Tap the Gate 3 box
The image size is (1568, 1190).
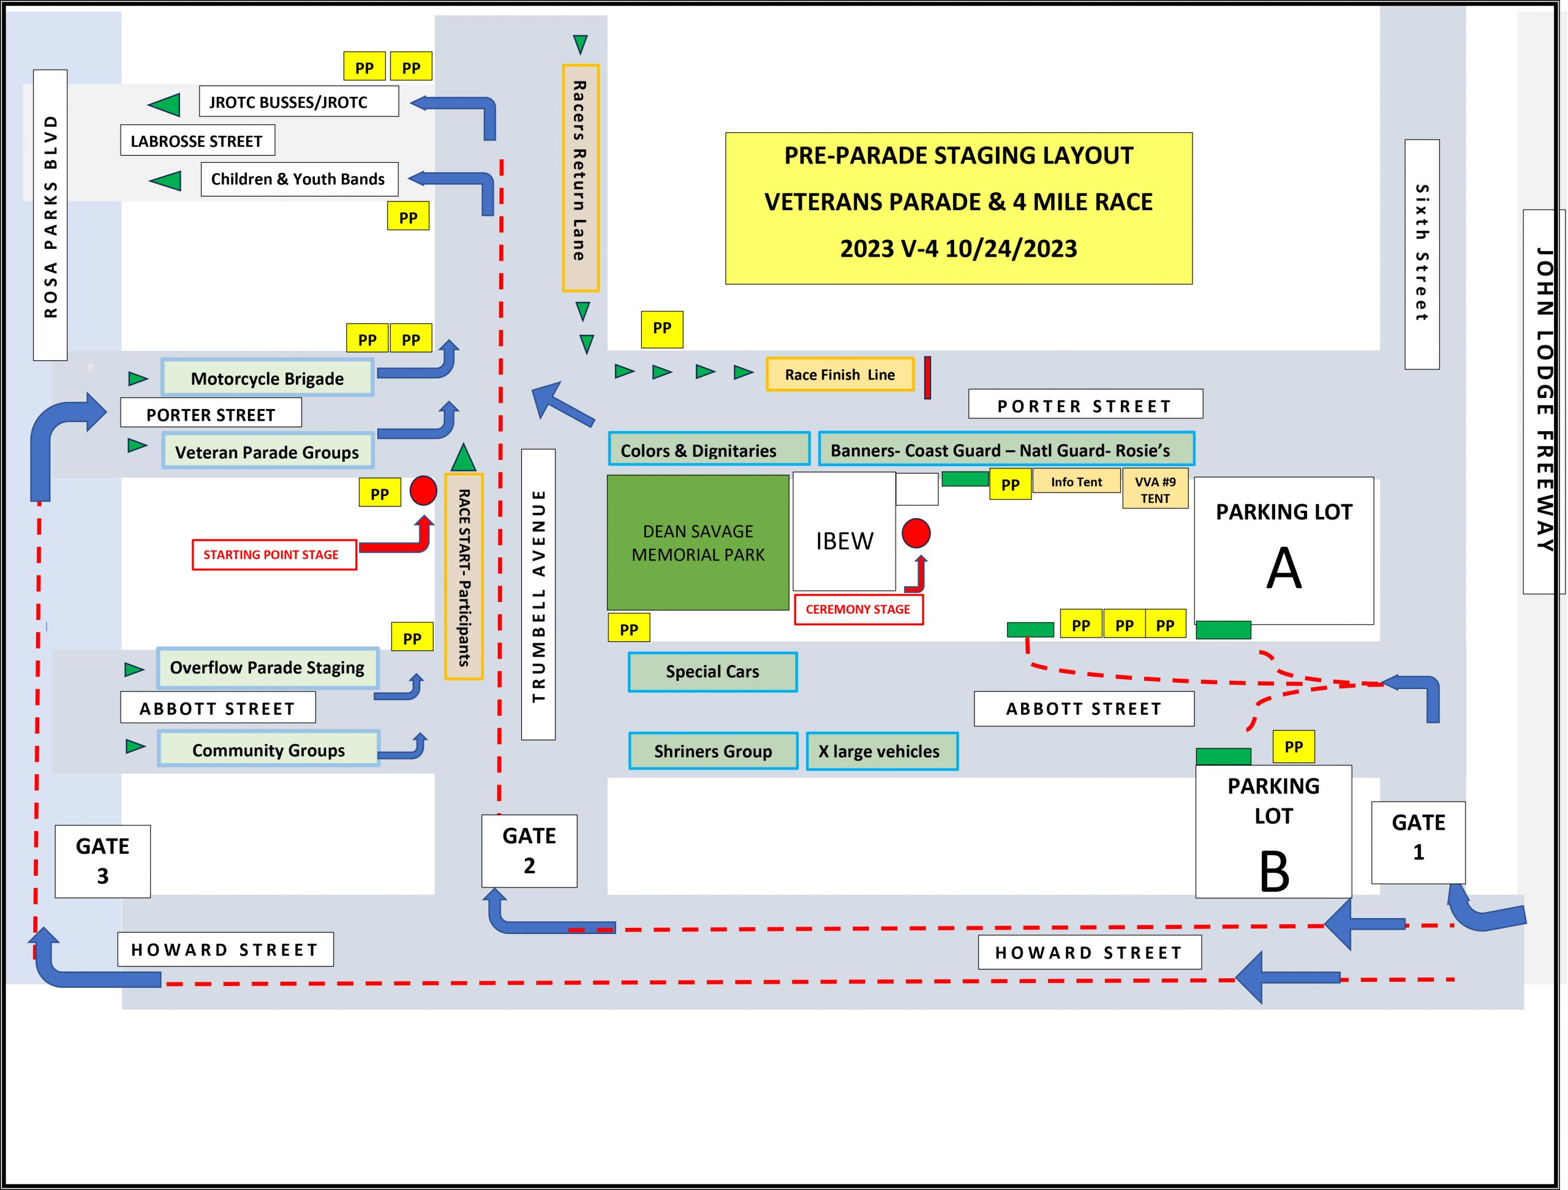[x=103, y=861]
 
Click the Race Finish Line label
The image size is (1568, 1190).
[x=839, y=374]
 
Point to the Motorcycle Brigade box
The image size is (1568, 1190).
[x=267, y=378]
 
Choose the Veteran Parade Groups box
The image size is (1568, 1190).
[x=267, y=451]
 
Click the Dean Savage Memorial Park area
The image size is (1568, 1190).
[x=698, y=542]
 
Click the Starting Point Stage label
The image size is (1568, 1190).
[x=274, y=555]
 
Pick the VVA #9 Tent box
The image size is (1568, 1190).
[x=1155, y=489]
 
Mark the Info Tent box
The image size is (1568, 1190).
[x=1076, y=482]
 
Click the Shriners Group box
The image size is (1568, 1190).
[x=713, y=751]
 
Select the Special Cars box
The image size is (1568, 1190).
[x=712, y=672]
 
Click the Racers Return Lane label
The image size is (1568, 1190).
[x=580, y=177]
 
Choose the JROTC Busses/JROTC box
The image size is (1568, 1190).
[x=298, y=102]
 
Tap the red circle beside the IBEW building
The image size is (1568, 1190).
[x=916, y=533]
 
